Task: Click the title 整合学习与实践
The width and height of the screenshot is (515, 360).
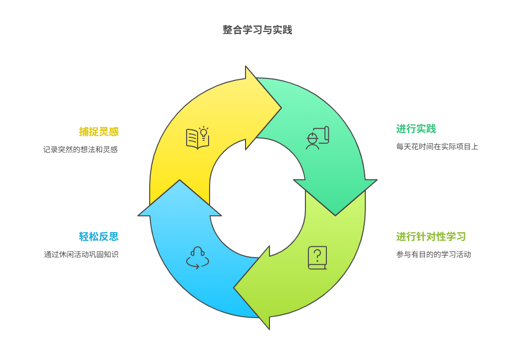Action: point(257,30)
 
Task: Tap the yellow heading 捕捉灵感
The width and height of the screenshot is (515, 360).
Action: point(98,132)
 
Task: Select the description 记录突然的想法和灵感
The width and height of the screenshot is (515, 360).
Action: point(80,149)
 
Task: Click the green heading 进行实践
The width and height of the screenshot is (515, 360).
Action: point(416,129)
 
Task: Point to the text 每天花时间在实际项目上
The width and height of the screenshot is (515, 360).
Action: point(437,147)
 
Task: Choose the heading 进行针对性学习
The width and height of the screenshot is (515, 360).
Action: point(431,236)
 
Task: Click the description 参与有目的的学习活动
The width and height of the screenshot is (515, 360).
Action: point(434,254)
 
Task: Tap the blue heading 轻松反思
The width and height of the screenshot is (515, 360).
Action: point(98,237)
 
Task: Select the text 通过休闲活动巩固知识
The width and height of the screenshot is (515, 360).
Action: point(81,254)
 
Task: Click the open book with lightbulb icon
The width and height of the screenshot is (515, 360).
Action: point(197,138)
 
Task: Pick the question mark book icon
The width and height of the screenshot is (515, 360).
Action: point(317,258)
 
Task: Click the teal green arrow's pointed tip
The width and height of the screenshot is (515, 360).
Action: point(335,214)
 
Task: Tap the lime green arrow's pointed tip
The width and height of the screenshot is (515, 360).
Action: point(235,288)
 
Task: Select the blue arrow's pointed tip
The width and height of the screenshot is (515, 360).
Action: point(180,181)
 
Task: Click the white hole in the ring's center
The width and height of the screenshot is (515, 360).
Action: point(257,198)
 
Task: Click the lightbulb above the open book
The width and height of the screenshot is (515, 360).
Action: point(203,132)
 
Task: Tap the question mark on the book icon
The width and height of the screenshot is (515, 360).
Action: point(317,254)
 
